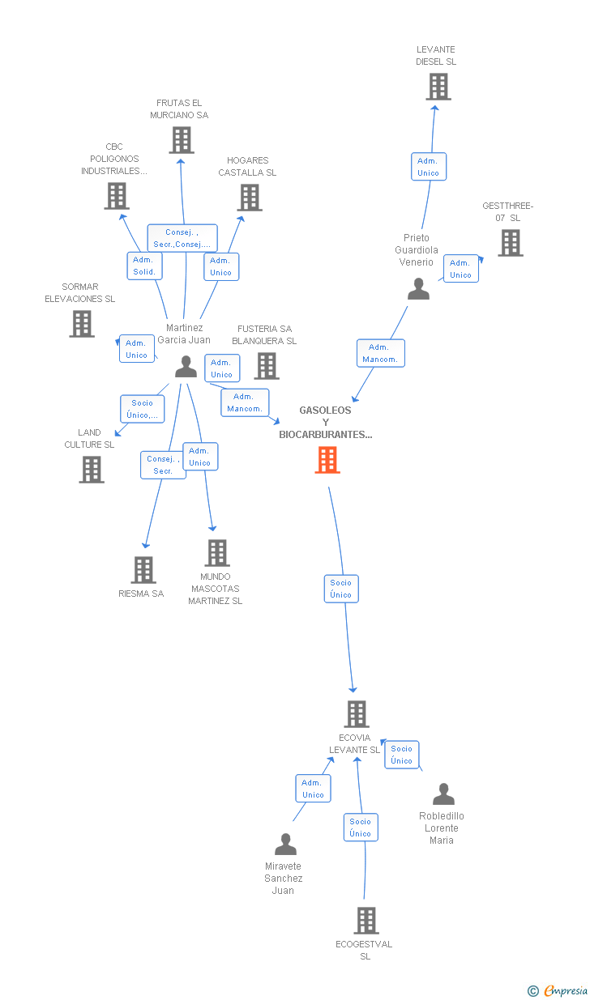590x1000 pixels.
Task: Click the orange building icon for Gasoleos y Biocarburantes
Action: point(327,460)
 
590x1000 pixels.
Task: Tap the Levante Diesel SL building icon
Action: point(438,87)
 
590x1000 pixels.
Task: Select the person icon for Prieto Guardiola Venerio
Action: point(418,289)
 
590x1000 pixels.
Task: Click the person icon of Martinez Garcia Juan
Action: point(186,367)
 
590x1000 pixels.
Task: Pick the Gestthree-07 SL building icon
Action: point(510,242)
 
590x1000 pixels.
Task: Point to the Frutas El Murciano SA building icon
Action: point(182,140)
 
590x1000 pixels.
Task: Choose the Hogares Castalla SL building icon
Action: point(250,197)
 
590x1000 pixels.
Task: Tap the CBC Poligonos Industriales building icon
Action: point(117,196)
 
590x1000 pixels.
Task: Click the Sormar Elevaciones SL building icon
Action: point(81,324)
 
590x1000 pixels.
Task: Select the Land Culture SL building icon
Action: point(92,470)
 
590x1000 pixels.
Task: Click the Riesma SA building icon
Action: point(143,570)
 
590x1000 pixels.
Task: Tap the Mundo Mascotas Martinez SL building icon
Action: point(216,553)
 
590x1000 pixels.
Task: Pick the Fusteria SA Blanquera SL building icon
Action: point(267,366)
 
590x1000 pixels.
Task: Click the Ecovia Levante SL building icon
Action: point(357,714)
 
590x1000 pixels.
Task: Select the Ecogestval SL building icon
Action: point(366,921)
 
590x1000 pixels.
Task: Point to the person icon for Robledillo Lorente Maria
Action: point(443,794)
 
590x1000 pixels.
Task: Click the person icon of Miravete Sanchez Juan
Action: point(285,845)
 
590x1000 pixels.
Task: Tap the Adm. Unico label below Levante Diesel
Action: point(428,167)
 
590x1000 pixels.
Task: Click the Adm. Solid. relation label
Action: point(144,266)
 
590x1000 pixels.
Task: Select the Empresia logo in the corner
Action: point(558,990)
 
